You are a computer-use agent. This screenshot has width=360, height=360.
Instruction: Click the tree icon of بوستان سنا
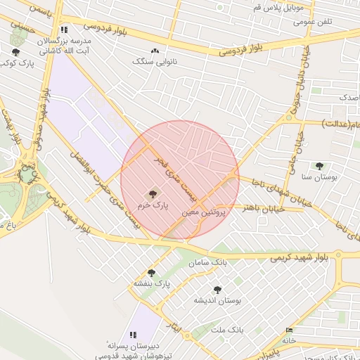(320, 167)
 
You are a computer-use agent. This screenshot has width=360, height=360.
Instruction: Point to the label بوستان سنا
(320, 177)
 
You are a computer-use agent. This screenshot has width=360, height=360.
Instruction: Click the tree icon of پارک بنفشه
(151, 273)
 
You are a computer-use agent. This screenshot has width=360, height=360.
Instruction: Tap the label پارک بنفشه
(152, 284)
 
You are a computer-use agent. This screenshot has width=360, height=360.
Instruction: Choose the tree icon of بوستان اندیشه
(217, 290)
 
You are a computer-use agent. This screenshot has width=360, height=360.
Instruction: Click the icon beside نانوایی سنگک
(155, 51)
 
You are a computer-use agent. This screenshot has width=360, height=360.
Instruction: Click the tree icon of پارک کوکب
(15, 52)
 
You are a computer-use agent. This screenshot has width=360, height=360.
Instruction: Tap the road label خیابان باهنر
(263, 208)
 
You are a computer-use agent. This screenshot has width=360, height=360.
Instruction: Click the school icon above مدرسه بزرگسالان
(64, 30)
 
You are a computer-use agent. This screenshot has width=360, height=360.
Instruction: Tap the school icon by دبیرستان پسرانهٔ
(131, 334)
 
